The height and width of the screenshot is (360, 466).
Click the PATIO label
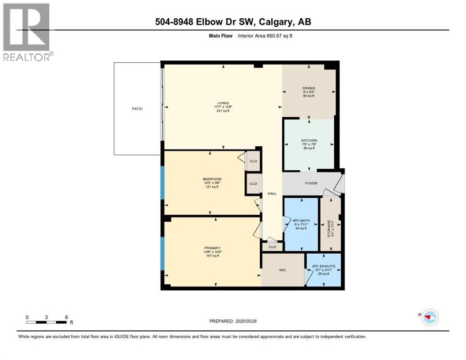tap(137, 109)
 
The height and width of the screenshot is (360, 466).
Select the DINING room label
tap(308, 88)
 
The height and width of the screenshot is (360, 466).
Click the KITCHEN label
tap(309, 140)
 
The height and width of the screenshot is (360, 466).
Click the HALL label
tap(272, 193)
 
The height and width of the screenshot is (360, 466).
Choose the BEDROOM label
tap(212, 179)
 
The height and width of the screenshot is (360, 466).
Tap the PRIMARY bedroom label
tap(212, 248)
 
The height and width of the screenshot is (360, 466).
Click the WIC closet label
tap(283, 270)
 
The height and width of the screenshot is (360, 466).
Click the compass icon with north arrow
tap(429, 317)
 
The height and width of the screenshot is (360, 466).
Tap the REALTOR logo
tap(28, 32)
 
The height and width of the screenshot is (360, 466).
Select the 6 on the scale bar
tap(67, 317)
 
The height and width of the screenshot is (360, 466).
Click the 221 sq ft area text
tap(223, 111)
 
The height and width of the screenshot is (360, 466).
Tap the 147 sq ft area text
tap(212, 256)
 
